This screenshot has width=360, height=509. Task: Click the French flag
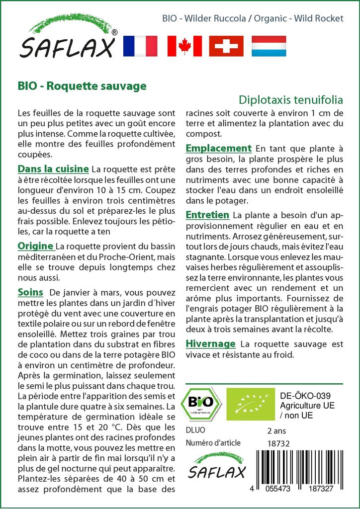coord(139,46)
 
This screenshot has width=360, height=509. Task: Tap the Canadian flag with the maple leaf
coord(184,46)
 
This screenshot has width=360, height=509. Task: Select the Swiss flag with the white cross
coord(226,46)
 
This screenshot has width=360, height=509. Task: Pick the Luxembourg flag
coord(269,46)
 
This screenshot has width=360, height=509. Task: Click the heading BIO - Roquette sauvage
coord(82,85)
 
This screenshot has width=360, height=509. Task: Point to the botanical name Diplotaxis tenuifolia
coord(291,98)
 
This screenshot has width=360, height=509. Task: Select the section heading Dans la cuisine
coord(53,169)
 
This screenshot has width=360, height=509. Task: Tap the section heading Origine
coord(36,246)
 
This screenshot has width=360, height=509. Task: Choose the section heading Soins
coord(30,292)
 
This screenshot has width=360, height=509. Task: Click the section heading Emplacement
coord(218,148)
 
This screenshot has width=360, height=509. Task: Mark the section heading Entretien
coord(207,215)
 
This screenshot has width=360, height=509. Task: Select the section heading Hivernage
coord(210,343)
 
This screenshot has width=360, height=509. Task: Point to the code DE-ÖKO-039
coord(302,396)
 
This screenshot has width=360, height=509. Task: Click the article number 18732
coord(278,443)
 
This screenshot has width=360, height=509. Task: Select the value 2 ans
coord(276,430)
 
